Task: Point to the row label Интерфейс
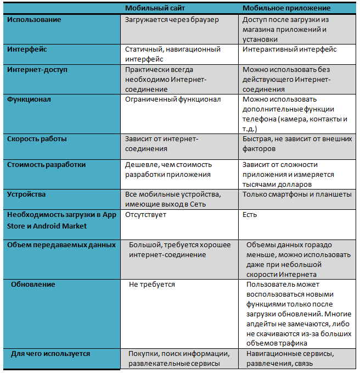click(x=27, y=49)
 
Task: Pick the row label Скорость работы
click(x=37, y=139)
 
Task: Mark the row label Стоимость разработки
click(x=46, y=164)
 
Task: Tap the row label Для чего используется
click(x=50, y=353)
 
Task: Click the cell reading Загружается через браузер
click(x=172, y=20)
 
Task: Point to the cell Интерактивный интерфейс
click(x=289, y=49)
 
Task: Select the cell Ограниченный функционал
click(x=173, y=99)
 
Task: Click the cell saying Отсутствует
click(x=145, y=214)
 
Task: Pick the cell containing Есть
click(x=250, y=214)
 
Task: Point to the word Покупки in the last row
click(x=144, y=353)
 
